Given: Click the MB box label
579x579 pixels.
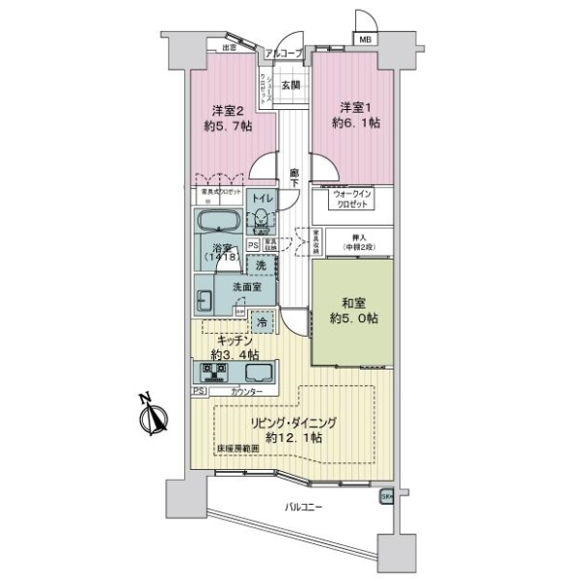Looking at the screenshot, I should point(366,39).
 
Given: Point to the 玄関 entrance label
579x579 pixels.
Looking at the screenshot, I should point(290,86).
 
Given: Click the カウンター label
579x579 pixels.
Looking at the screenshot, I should point(245,391).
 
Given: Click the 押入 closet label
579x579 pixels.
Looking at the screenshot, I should point(353,239).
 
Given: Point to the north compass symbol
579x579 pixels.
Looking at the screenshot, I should point(153,416).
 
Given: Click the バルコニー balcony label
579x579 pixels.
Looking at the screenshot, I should point(303,506).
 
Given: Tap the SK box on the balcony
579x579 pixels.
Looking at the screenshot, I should point(386,496).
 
